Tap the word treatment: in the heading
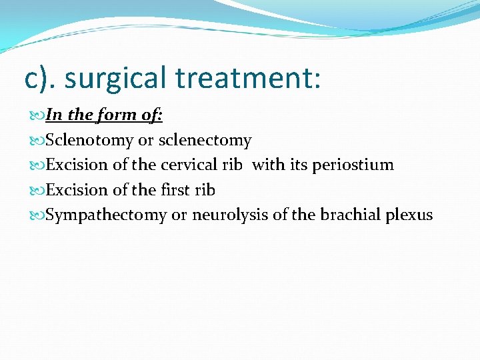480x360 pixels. [x=248, y=78]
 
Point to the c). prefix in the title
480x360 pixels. [x=41, y=78]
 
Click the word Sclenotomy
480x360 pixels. [x=89, y=140]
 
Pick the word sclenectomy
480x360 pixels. [x=205, y=140]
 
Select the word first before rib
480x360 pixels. [x=175, y=190]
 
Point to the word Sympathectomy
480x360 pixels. [x=106, y=215]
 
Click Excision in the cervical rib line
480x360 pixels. [x=77, y=165]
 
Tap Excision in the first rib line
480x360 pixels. [x=77, y=190]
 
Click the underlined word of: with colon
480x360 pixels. [x=153, y=115]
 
